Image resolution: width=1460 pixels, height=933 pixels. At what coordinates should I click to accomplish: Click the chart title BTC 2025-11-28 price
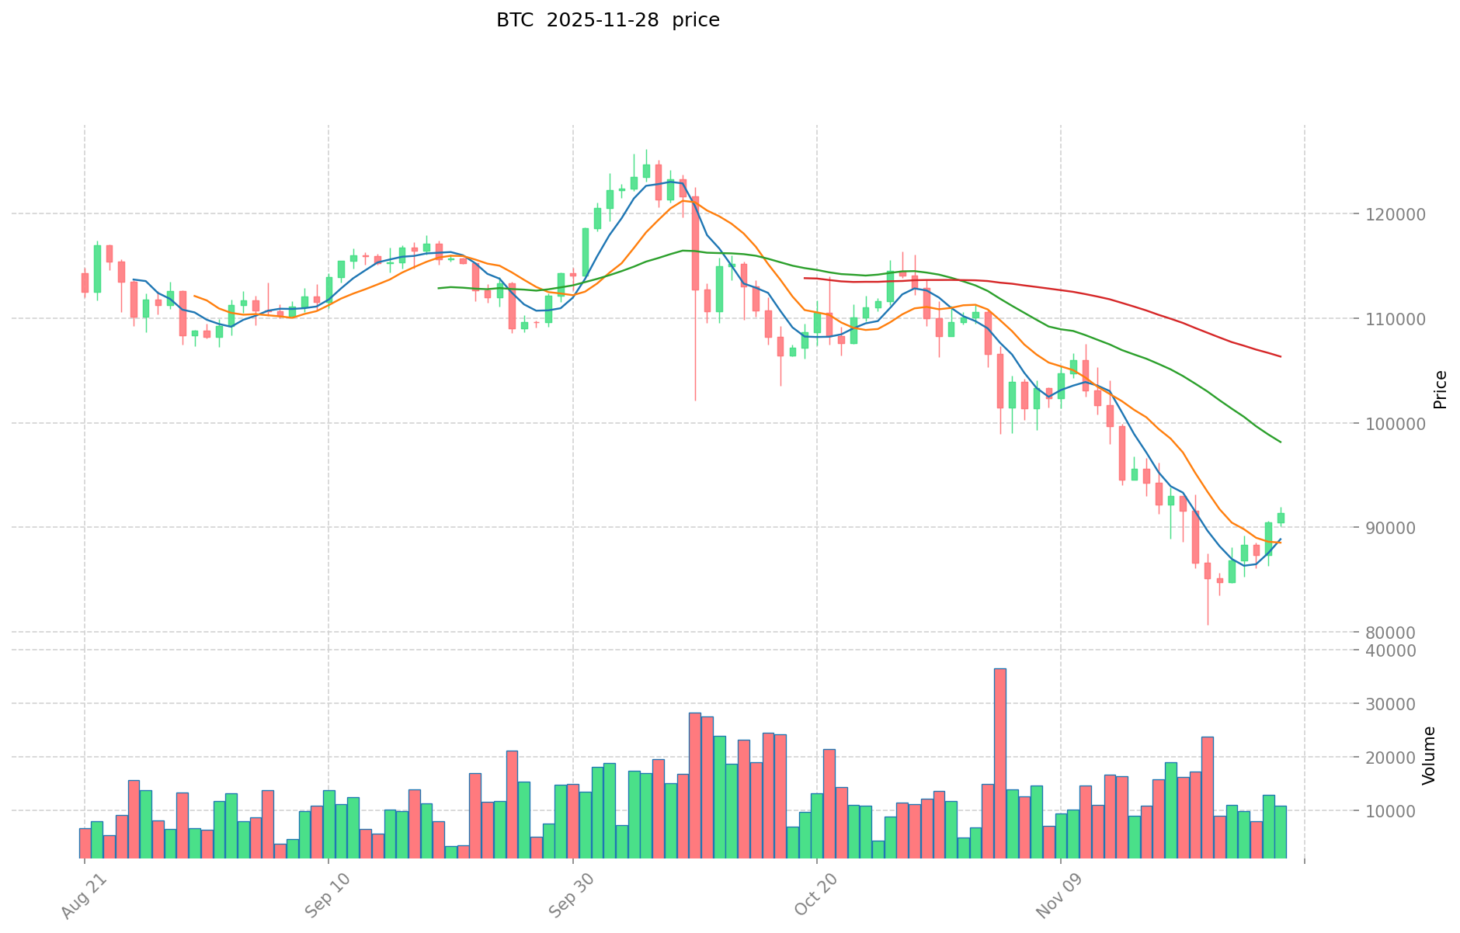pos(607,20)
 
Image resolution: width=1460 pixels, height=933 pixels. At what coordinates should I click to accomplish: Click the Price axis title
pos(1441,389)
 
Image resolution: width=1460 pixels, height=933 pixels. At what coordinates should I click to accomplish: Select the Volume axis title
pos(1429,755)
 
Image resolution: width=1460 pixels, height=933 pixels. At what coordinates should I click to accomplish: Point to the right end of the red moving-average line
pos(1281,356)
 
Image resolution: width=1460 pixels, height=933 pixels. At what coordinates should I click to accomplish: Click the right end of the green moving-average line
pos(1281,442)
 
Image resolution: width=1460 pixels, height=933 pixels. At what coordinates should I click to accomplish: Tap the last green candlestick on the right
pos(1281,518)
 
